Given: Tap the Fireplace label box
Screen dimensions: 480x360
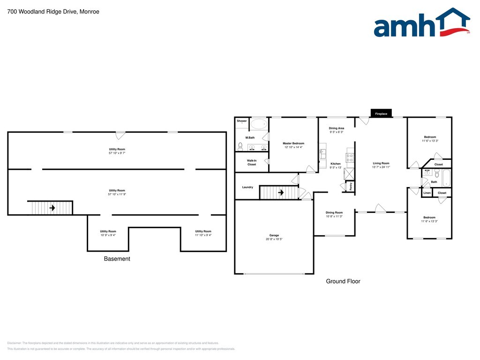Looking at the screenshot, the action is (381, 113).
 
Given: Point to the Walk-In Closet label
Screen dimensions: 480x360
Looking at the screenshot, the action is (252, 163).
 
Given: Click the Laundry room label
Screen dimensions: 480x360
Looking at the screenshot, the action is (247, 187).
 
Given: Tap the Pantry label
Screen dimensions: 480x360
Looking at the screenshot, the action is (351, 186).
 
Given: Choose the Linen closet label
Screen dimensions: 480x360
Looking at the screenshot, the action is (427, 193).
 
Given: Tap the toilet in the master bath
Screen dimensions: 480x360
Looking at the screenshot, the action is (240, 147).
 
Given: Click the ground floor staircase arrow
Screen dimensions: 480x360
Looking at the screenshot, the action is (281, 192).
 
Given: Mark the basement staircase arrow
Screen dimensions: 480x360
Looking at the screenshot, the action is (52, 208).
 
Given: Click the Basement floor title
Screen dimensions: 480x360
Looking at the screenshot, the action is (117, 259).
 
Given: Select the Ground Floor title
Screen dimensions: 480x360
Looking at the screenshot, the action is (343, 281).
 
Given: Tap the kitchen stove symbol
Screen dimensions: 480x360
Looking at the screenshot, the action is (350, 157).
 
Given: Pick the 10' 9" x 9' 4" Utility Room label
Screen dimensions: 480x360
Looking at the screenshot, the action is (108, 233).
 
